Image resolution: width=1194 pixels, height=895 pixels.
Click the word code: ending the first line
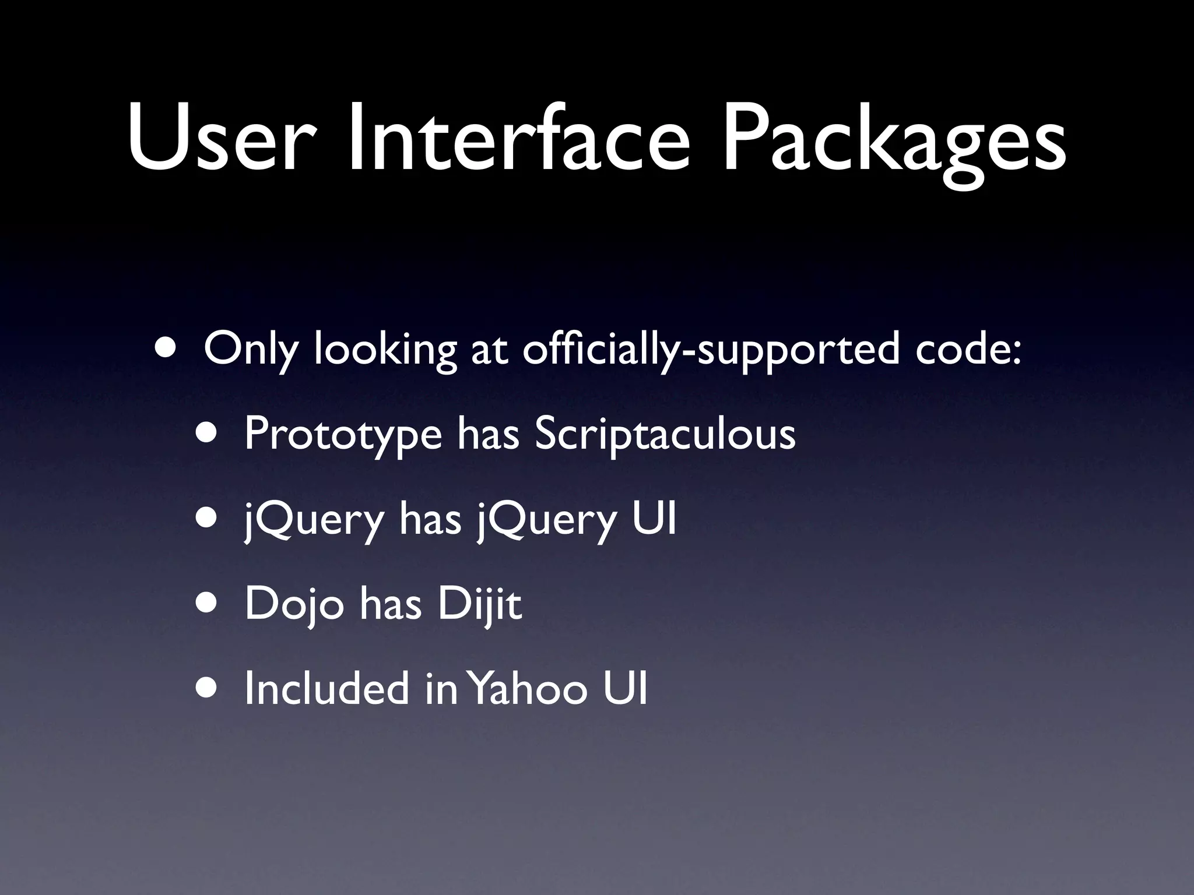[x=968, y=350]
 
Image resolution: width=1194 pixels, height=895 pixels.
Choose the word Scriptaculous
[x=665, y=435]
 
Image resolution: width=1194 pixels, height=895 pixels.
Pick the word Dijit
[x=479, y=604]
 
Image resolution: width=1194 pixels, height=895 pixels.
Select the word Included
[x=326, y=688]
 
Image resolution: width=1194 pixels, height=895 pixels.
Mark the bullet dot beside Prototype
[x=208, y=434]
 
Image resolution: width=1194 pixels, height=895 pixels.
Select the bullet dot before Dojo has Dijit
[x=208, y=604]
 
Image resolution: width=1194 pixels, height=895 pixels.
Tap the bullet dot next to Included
[x=208, y=688]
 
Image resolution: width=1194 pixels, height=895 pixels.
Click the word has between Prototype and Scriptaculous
[x=488, y=435]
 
